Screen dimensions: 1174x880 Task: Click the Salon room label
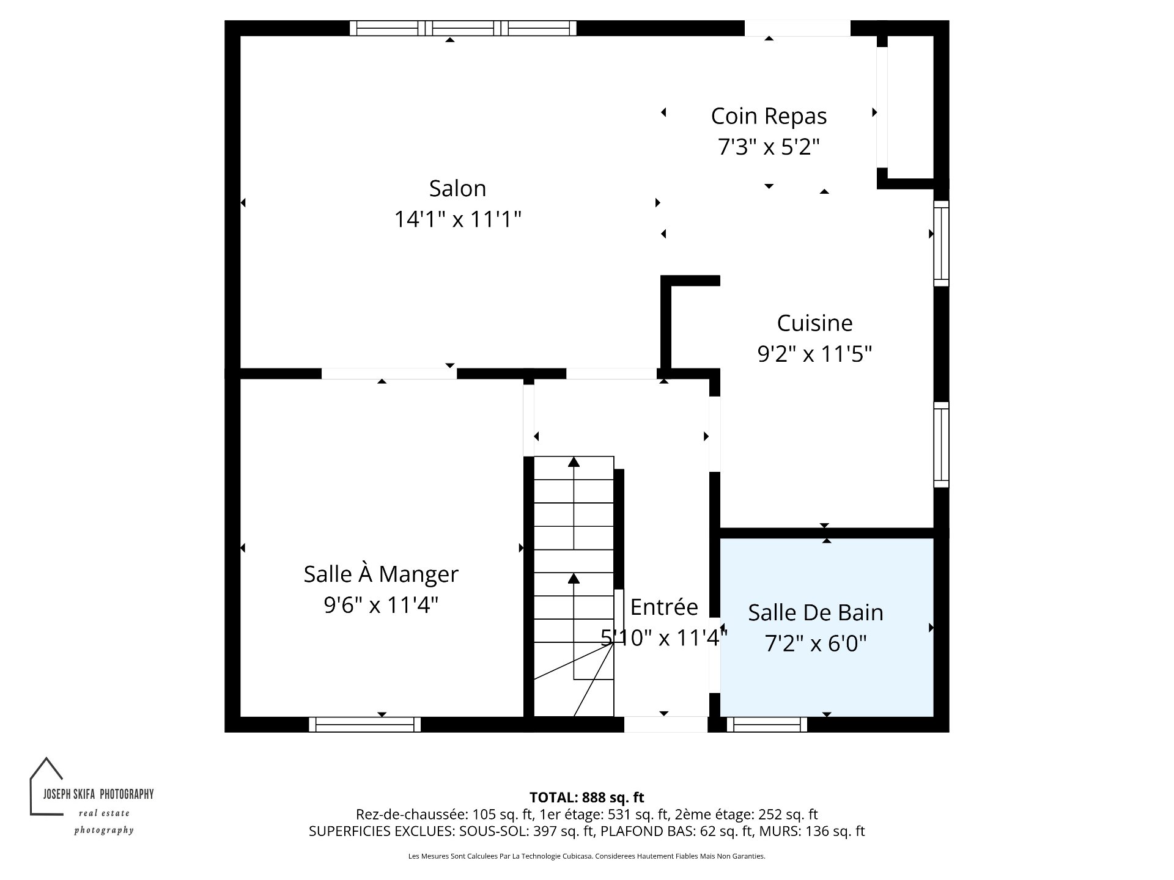point(457,188)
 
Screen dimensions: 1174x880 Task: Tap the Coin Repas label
point(769,116)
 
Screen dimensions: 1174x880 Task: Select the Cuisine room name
point(814,323)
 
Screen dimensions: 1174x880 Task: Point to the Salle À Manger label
point(381,574)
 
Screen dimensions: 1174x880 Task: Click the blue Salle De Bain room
point(827,627)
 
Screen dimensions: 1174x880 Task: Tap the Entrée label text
point(664,607)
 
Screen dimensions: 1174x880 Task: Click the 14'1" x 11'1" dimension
point(457,219)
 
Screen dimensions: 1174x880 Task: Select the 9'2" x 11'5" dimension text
point(814,354)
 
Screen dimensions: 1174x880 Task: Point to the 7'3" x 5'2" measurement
point(769,147)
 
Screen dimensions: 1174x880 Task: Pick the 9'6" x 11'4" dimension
point(381,605)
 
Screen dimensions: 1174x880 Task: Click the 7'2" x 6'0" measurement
point(816,643)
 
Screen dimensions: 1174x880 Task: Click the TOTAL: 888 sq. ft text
point(587,797)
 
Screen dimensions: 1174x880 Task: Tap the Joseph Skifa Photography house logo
point(46,786)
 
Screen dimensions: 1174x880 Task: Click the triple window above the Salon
point(463,28)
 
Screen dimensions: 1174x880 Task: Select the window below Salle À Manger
point(365,724)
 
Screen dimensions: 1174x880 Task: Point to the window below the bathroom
point(767,724)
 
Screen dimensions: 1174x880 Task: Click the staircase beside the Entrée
point(574,586)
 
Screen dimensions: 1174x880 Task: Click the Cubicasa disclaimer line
point(587,856)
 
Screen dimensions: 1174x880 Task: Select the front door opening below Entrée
point(665,724)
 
